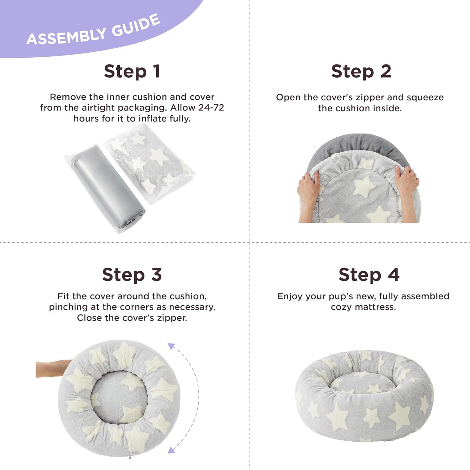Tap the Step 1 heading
[x=132, y=71]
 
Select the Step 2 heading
[x=361, y=71]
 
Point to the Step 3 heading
[x=132, y=275]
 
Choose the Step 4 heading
[x=369, y=275]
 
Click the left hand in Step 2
[x=309, y=196]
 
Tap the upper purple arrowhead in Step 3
[x=171, y=346]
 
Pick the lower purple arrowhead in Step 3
[x=171, y=450]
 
